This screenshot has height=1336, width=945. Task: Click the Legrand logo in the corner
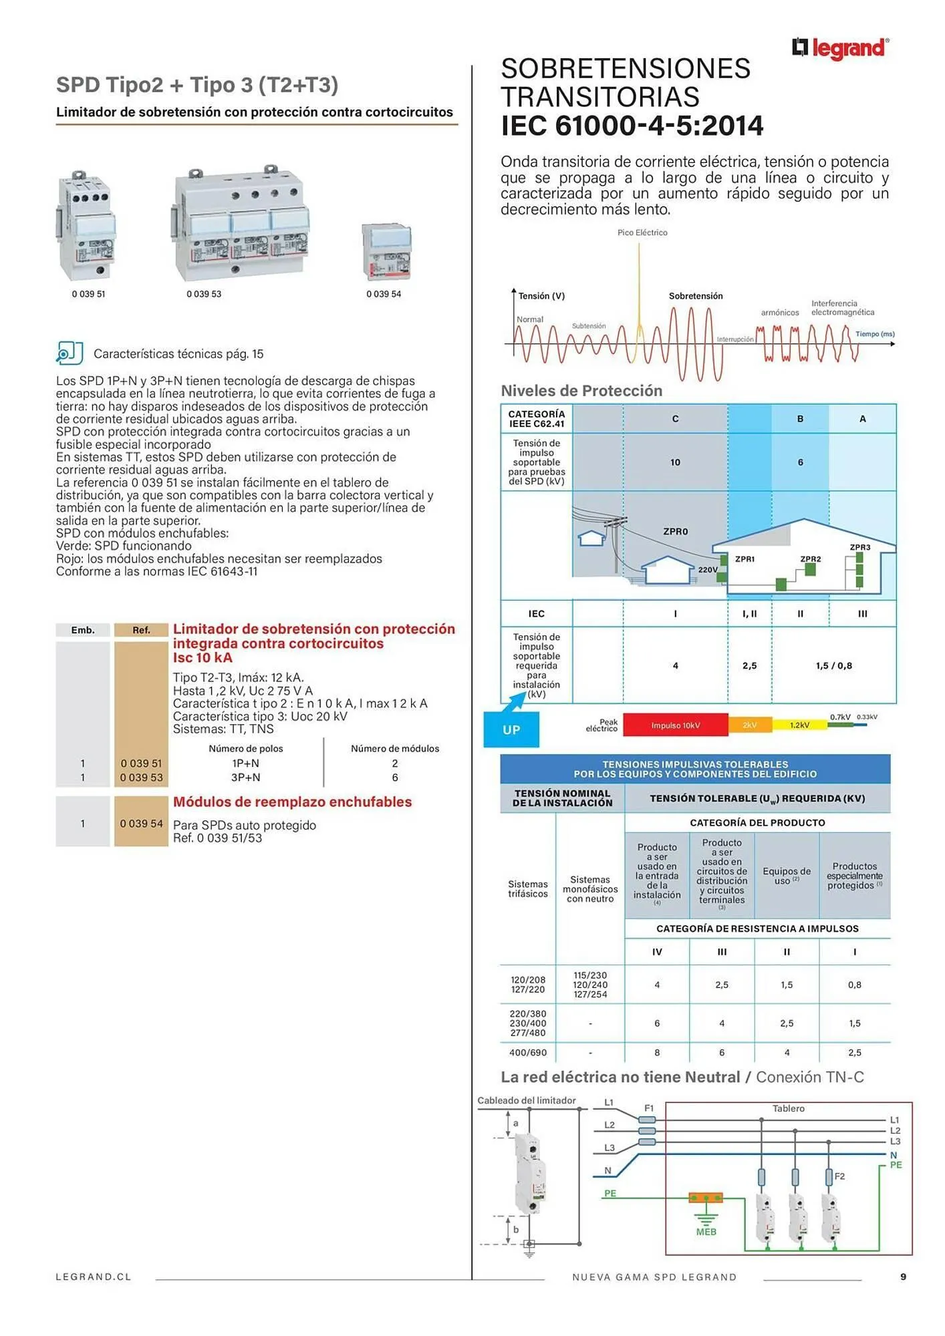click(x=840, y=48)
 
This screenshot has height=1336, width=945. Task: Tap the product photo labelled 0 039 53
click(x=241, y=224)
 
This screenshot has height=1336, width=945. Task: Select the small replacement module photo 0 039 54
click(x=386, y=251)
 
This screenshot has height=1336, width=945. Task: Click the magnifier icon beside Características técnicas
click(x=69, y=353)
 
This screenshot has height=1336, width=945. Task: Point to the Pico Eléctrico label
click(x=642, y=232)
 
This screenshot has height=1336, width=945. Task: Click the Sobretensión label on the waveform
click(x=696, y=296)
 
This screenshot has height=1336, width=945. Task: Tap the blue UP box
click(x=511, y=729)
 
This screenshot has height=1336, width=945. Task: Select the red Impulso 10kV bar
click(x=675, y=725)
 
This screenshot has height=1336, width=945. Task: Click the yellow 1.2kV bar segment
click(x=800, y=725)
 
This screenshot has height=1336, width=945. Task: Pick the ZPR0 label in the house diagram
click(x=676, y=532)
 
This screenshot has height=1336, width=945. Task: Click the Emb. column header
click(x=83, y=630)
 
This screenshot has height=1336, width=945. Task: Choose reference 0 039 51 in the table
click(x=141, y=764)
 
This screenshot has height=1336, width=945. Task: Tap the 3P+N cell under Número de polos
click(x=246, y=778)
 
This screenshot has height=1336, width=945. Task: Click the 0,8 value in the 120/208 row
click(x=855, y=985)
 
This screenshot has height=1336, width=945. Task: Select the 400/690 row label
click(x=528, y=1053)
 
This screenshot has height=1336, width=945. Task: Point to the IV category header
click(x=657, y=952)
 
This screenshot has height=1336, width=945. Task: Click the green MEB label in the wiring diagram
click(x=706, y=1232)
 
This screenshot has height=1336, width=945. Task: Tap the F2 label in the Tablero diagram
click(x=839, y=1176)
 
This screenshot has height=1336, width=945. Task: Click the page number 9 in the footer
click(x=904, y=1277)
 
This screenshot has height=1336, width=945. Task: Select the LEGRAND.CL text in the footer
click(x=94, y=1277)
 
